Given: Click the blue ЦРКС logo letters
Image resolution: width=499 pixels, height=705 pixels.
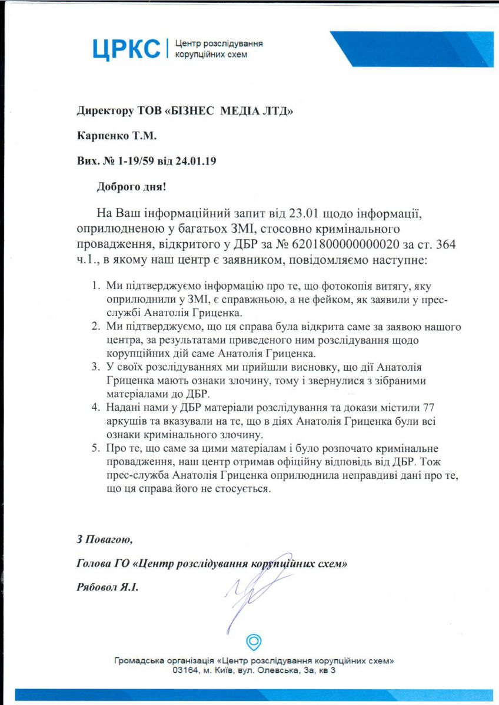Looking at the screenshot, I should point(126,49).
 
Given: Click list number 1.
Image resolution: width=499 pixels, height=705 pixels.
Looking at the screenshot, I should point(96,286).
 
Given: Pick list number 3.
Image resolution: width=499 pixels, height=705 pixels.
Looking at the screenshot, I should point(96,368).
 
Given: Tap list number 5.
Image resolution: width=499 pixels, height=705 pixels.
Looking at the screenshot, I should point(96,449).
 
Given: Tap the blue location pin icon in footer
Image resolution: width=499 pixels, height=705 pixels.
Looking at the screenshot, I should point(254,642).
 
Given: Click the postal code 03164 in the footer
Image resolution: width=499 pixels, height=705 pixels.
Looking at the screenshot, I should point(185,670).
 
